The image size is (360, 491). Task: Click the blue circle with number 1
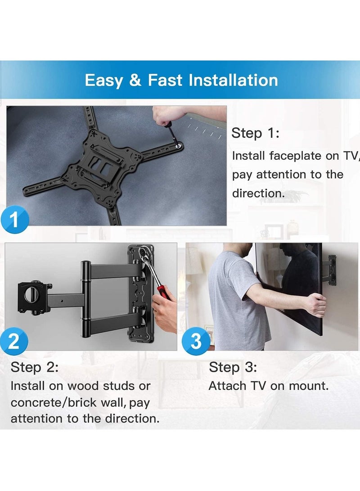coord(14,220)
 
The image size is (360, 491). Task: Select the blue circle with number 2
coord(14,341)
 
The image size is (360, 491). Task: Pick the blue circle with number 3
coord(196,341)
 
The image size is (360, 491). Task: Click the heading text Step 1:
coord(255,133)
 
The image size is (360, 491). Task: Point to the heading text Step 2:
coord(34,367)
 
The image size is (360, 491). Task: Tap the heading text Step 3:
coord(233,367)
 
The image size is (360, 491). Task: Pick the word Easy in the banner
coord(103,81)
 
